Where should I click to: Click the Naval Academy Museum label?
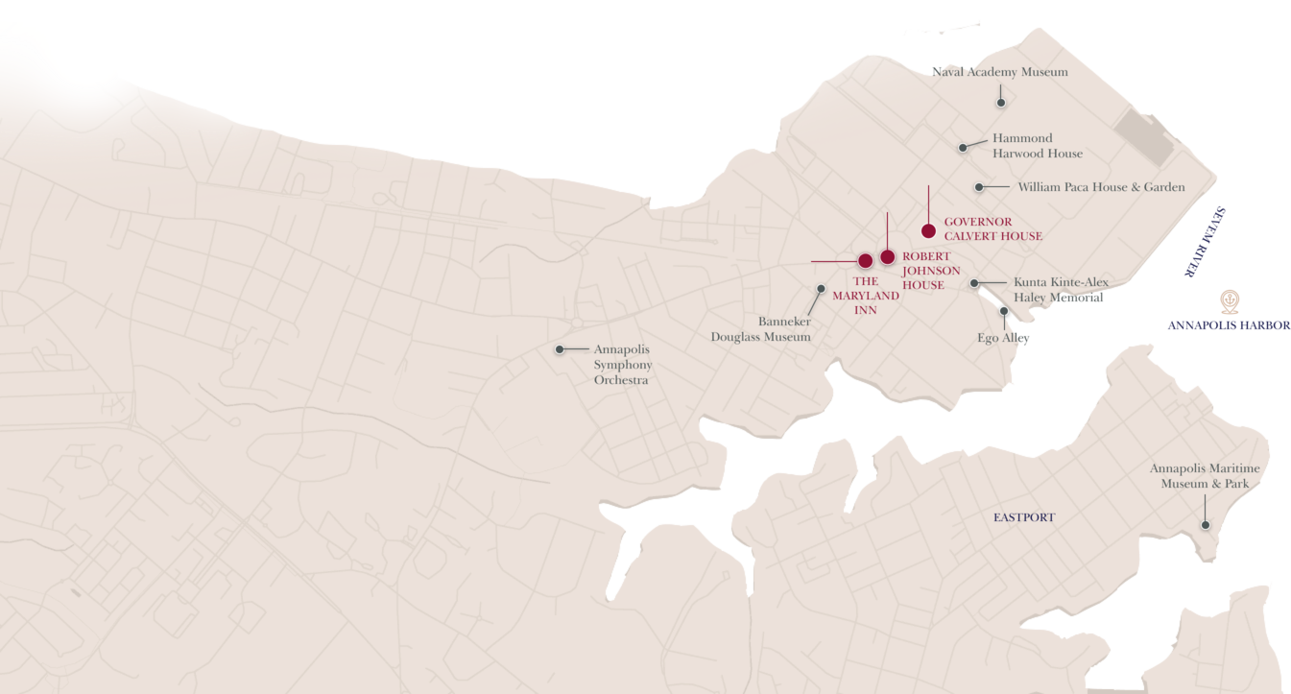click(999, 72)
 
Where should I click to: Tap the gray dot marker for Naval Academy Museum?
click(1000, 103)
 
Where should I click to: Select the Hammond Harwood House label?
click(1037, 146)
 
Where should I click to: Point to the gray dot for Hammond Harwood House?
click(963, 148)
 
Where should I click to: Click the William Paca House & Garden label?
click(1101, 187)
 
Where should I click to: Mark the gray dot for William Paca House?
click(979, 187)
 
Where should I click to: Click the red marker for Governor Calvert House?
click(928, 230)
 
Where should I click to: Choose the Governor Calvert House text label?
click(992, 229)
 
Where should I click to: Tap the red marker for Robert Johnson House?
click(888, 256)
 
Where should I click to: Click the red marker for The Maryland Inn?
click(865, 261)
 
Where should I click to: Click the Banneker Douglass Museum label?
click(760, 329)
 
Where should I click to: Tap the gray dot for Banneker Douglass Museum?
click(821, 288)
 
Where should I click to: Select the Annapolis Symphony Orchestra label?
click(622, 365)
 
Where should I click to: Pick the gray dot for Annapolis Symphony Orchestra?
click(560, 349)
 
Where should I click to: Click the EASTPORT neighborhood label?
click(1023, 517)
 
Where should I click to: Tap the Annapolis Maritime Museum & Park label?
click(1205, 476)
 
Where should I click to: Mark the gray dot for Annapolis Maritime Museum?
click(1206, 525)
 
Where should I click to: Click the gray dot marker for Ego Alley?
click(1004, 311)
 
